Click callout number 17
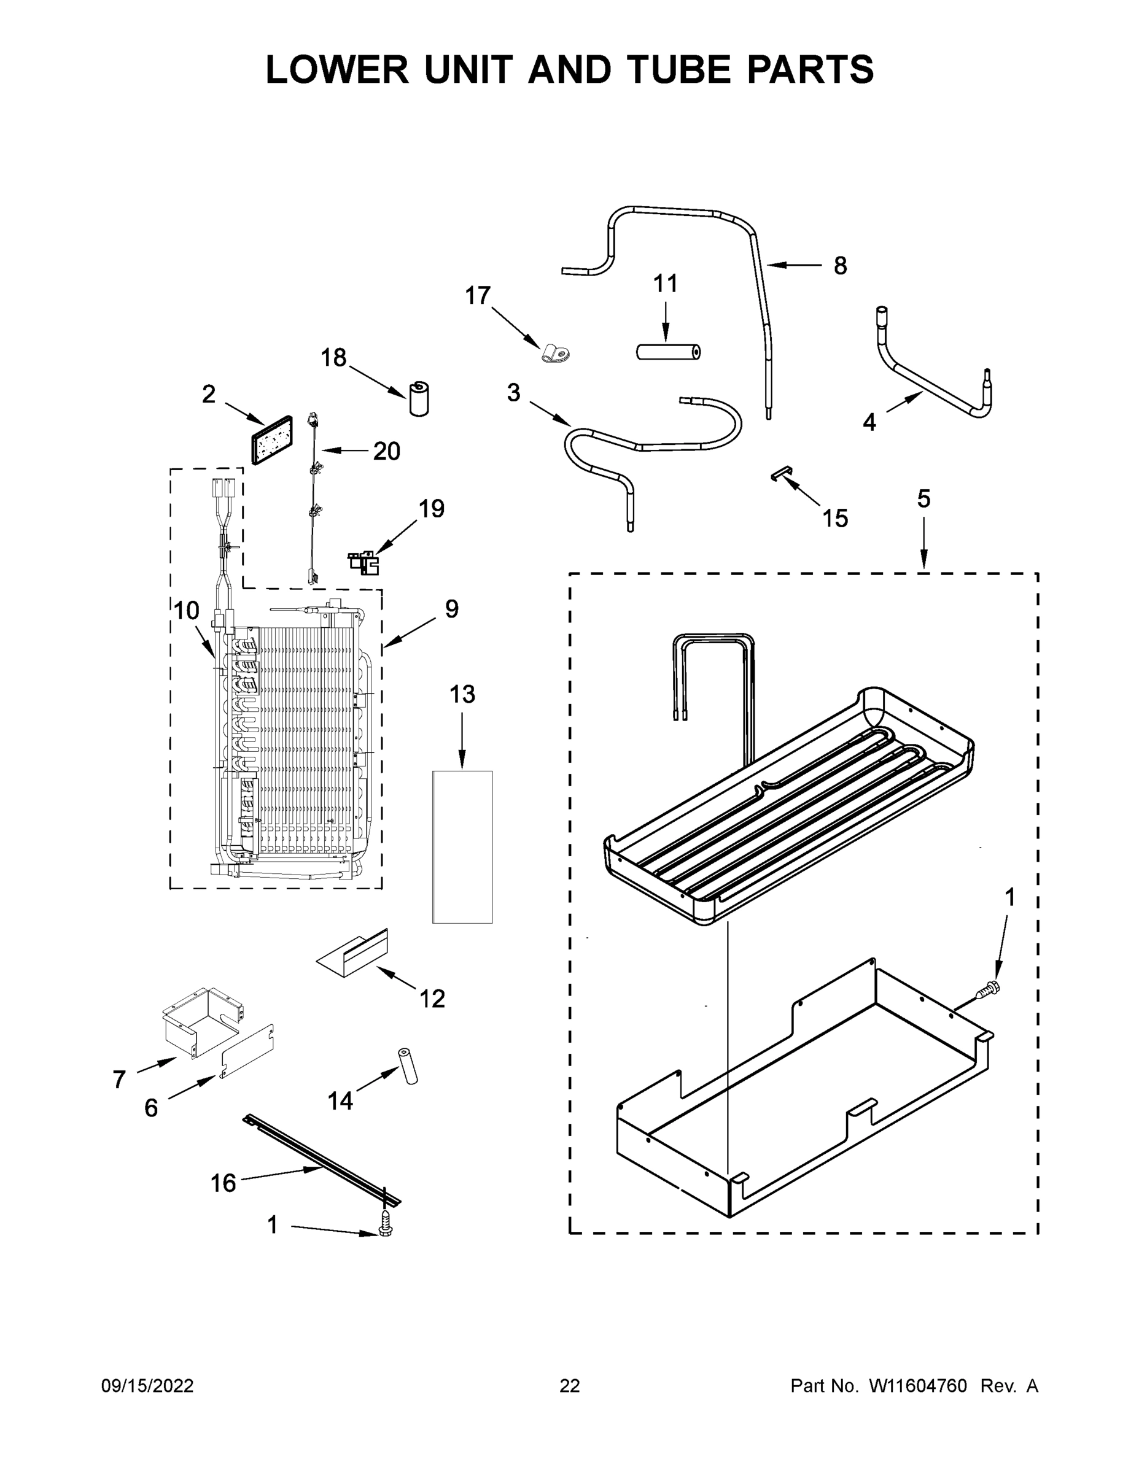(x=478, y=295)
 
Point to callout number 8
(x=839, y=266)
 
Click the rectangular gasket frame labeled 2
(x=271, y=439)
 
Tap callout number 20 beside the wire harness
(x=387, y=450)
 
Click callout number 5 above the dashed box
(x=923, y=499)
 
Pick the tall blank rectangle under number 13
(x=462, y=846)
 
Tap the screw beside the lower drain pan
(x=989, y=990)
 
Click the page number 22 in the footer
(x=570, y=1386)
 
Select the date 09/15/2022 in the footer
(x=147, y=1386)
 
